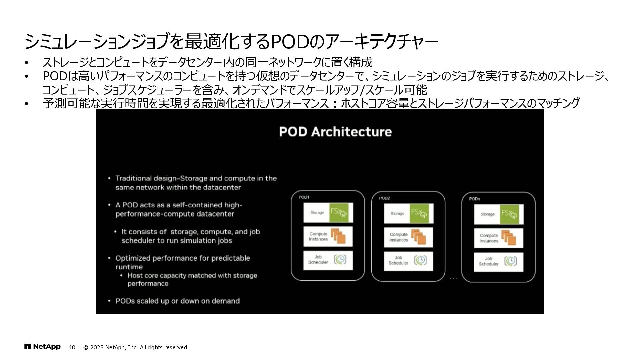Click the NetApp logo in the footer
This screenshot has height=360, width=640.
42,347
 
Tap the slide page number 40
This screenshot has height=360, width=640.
72,347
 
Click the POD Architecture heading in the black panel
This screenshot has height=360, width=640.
335,132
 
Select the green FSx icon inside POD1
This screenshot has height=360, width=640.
339,213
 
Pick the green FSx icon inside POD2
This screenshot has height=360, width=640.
419,213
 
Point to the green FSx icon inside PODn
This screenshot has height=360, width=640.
509,214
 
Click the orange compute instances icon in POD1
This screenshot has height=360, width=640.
338,236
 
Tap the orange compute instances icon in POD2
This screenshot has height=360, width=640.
419,237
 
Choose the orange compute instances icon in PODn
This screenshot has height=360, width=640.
509,238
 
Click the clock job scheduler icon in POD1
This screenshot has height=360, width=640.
340,259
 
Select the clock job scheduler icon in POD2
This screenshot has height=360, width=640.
420,260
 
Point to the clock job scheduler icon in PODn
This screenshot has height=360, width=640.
510,261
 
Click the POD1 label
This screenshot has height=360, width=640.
304,197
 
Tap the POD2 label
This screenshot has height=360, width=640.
384,198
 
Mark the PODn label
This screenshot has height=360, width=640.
474,199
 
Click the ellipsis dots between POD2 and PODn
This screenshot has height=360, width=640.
453,278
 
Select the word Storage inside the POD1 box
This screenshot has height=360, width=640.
317,212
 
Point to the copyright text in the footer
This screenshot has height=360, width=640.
136,347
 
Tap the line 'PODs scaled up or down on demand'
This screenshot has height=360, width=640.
177,301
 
